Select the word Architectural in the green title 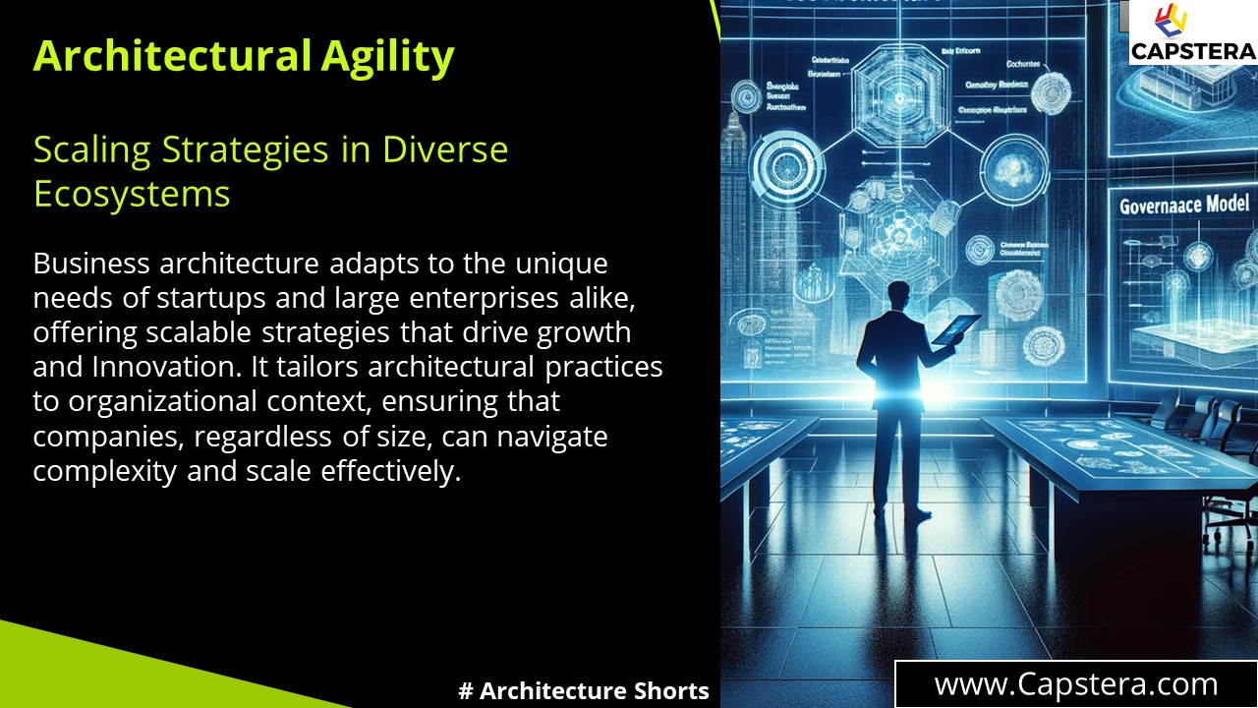tap(172, 56)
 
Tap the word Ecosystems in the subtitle tap(132, 194)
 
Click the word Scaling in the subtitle tap(91, 149)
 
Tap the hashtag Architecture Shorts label tap(584, 690)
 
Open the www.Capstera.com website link tap(1076, 684)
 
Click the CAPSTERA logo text tap(1193, 51)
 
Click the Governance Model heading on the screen tap(1184, 205)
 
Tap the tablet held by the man tap(955, 328)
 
